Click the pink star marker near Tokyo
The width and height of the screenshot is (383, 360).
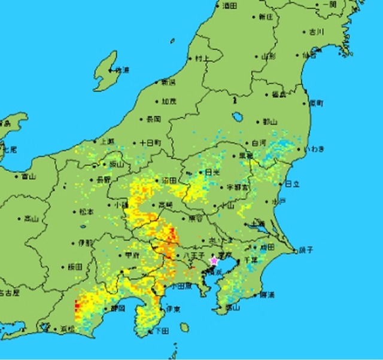coord(214,260)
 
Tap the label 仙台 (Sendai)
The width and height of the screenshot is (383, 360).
coord(309,56)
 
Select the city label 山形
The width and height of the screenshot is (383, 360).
coord(269,56)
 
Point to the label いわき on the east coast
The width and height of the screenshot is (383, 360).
coord(314,148)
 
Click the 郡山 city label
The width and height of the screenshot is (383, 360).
coord(270,121)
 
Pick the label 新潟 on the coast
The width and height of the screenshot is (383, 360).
coord(169,81)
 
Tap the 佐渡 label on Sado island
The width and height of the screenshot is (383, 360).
coord(122,70)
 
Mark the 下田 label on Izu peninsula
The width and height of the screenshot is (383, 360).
coord(161,331)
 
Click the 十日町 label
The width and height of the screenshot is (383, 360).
coord(150,144)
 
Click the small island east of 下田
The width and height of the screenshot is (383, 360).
coord(184,327)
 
